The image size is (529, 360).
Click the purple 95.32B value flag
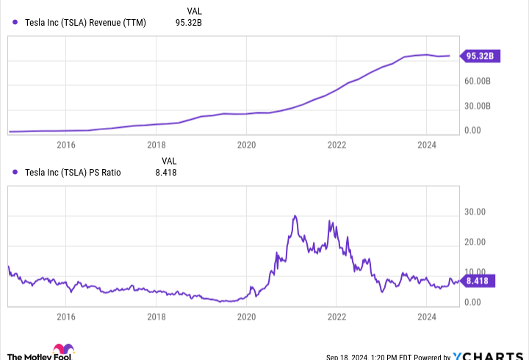pos(481,55)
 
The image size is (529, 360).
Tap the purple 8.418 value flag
pos(481,280)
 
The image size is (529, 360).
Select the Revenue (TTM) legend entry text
pos(85,22)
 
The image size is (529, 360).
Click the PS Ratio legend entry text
pos(73,173)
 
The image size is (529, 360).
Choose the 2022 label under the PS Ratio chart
pos(337,317)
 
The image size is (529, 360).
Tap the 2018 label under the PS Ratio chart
pos(156,317)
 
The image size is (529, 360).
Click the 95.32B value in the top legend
pos(188,22)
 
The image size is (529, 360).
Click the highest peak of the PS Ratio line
pos(295,216)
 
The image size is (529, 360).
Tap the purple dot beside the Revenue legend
pos(15,22)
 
